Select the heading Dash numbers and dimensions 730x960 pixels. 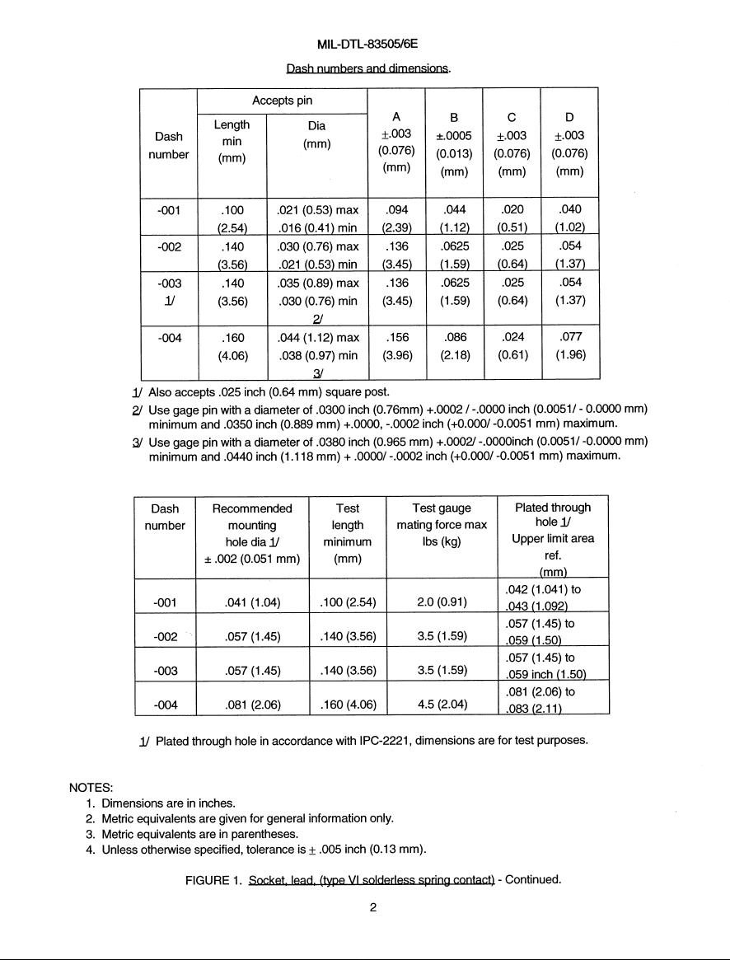click(x=368, y=68)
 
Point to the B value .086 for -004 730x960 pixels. click(x=455, y=337)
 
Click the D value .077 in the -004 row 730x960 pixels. click(x=569, y=337)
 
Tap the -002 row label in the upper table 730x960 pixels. click(x=168, y=246)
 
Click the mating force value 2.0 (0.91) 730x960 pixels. click(x=442, y=602)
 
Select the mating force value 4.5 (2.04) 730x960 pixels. click(x=442, y=705)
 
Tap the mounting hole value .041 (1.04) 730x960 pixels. click(x=252, y=602)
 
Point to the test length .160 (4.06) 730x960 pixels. click(x=347, y=705)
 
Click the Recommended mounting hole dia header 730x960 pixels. click(x=252, y=533)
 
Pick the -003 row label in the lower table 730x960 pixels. click(x=166, y=671)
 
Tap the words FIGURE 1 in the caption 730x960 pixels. click(x=213, y=879)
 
